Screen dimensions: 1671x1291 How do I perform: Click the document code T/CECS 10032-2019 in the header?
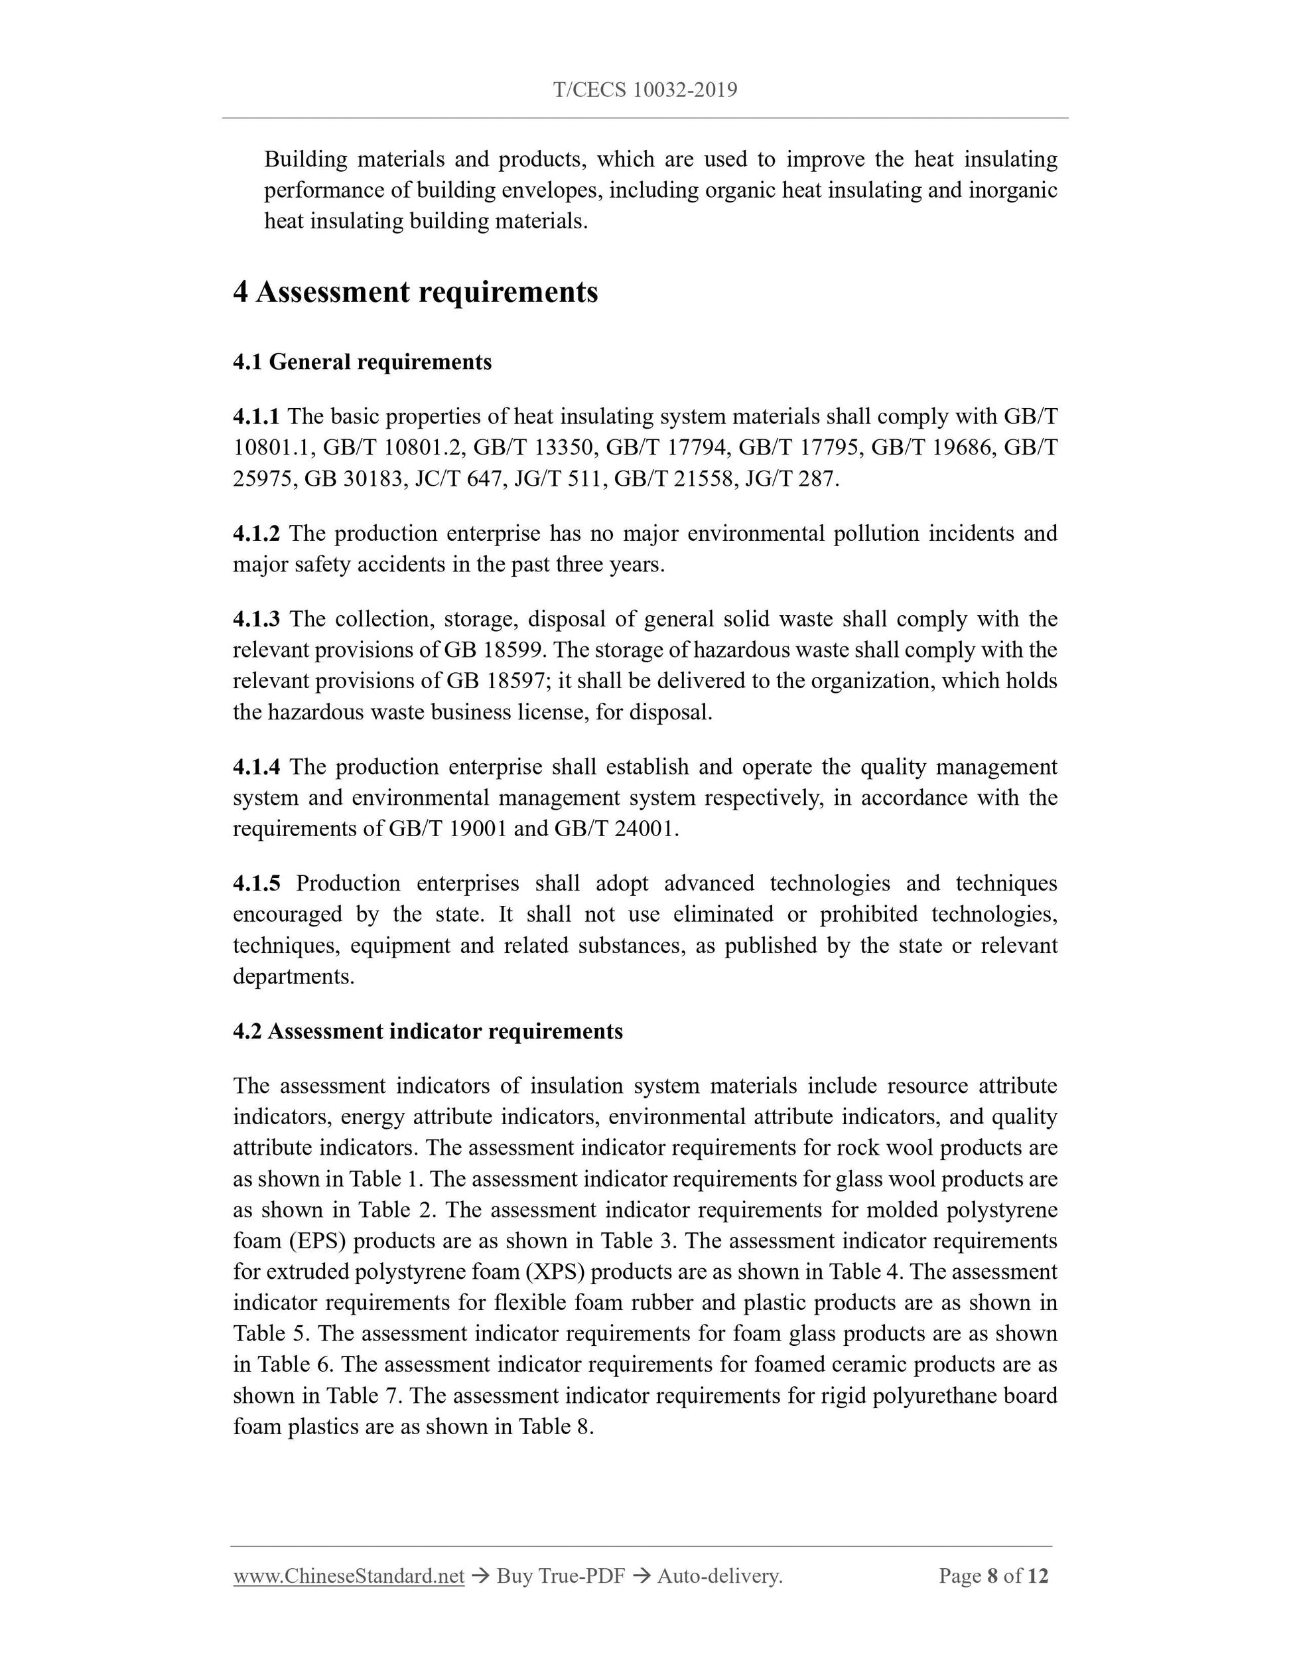pyautogui.click(x=645, y=90)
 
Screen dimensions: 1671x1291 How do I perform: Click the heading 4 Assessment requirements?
pyautogui.click(x=415, y=292)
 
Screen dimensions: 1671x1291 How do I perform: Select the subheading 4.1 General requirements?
pyautogui.click(x=362, y=362)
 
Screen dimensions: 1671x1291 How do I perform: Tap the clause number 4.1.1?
pyautogui.click(x=256, y=417)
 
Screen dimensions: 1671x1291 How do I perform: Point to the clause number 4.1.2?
pyautogui.click(x=256, y=534)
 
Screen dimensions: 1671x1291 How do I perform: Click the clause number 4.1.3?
pyautogui.click(x=256, y=619)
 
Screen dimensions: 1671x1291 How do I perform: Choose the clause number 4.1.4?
pyautogui.click(x=256, y=766)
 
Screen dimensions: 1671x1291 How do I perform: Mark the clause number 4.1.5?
pyautogui.click(x=256, y=884)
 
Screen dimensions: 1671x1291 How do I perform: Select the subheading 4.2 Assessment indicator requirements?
pyautogui.click(x=427, y=1031)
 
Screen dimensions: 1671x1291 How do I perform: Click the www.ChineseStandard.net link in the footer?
pyautogui.click(x=349, y=1576)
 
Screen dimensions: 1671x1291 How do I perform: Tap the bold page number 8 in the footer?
pyautogui.click(x=992, y=1576)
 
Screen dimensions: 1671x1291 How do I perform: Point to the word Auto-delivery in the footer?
pyautogui.click(x=718, y=1576)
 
